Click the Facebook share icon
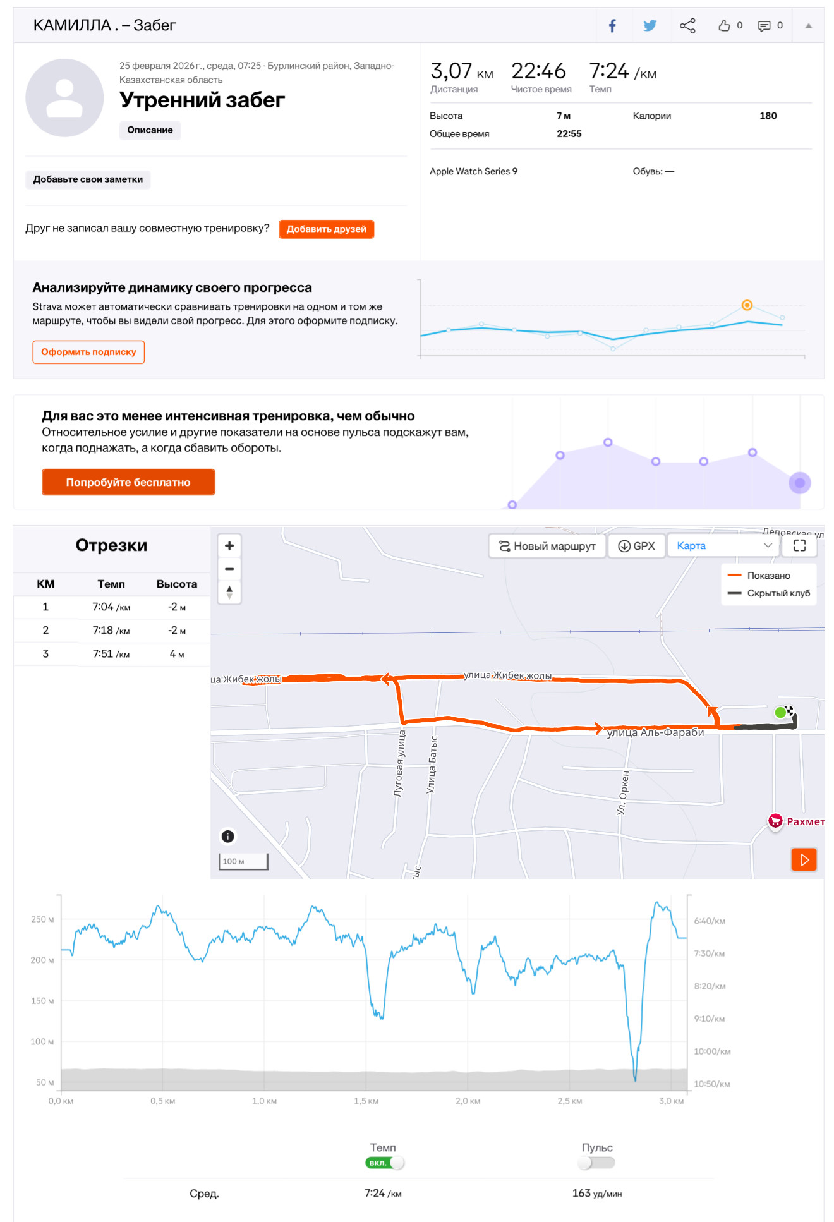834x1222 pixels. [x=612, y=26]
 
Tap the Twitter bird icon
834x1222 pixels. [x=650, y=26]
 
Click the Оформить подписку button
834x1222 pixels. [x=88, y=352]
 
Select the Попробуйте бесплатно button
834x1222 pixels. [x=128, y=482]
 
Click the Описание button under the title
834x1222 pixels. [x=150, y=130]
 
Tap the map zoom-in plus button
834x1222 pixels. [x=229, y=545]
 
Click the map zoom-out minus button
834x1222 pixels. [x=229, y=569]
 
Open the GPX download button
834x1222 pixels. [x=636, y=546]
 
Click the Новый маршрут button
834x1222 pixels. [x=547, y=546]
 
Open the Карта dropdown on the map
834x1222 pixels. [x=724, y=546]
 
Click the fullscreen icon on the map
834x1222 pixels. [x=800, y=546]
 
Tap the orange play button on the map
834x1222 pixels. [x=804, y=859]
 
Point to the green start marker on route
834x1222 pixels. [x=780, y=713]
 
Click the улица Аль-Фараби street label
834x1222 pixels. [x=655, y=732]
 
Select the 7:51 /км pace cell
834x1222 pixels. [x=111, y=654]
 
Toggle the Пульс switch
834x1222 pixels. [x=596, y=1163]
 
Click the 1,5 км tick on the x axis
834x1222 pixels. [x=366, y=1101]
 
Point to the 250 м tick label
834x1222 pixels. [x=42, y=919]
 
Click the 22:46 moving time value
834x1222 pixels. [x=538, y=71]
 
